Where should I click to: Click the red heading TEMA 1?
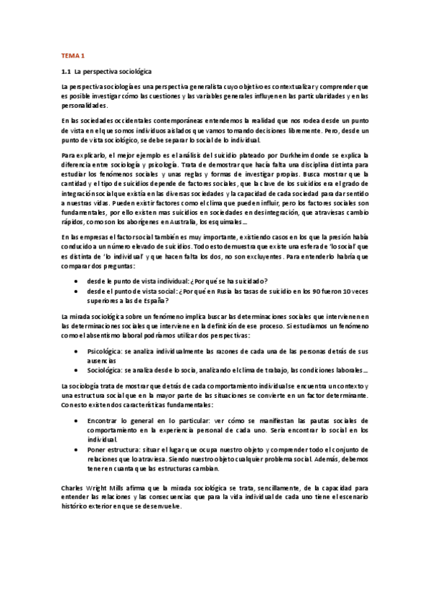pyautogui.click(x=73, y=55)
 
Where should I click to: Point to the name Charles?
pyautogui.click(x=73, y=486)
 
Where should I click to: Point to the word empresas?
pyautogui.click(x=92, y=236)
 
